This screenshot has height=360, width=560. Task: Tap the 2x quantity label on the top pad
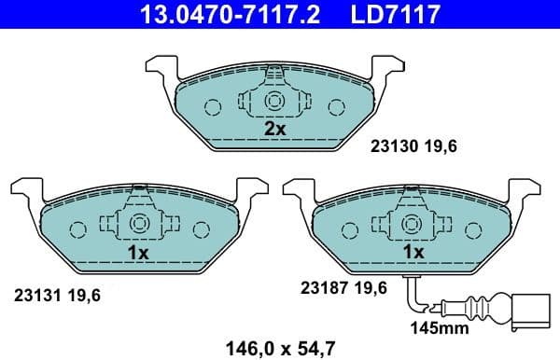(274, 129)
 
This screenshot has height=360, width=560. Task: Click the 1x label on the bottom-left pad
(138, 252)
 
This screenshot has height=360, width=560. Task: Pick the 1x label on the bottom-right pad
(412, 252)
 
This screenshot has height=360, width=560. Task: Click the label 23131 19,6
(56, 295)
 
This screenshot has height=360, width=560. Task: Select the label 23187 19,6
(342, 288)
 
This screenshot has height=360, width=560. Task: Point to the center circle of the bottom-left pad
(138, 225)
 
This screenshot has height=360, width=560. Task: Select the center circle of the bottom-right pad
(412, 225)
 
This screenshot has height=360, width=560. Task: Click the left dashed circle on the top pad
(213, 106)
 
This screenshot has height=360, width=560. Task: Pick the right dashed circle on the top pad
(338, 106)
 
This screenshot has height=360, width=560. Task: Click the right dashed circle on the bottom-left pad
(202, 229)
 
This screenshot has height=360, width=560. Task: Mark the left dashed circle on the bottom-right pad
(350, 229)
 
